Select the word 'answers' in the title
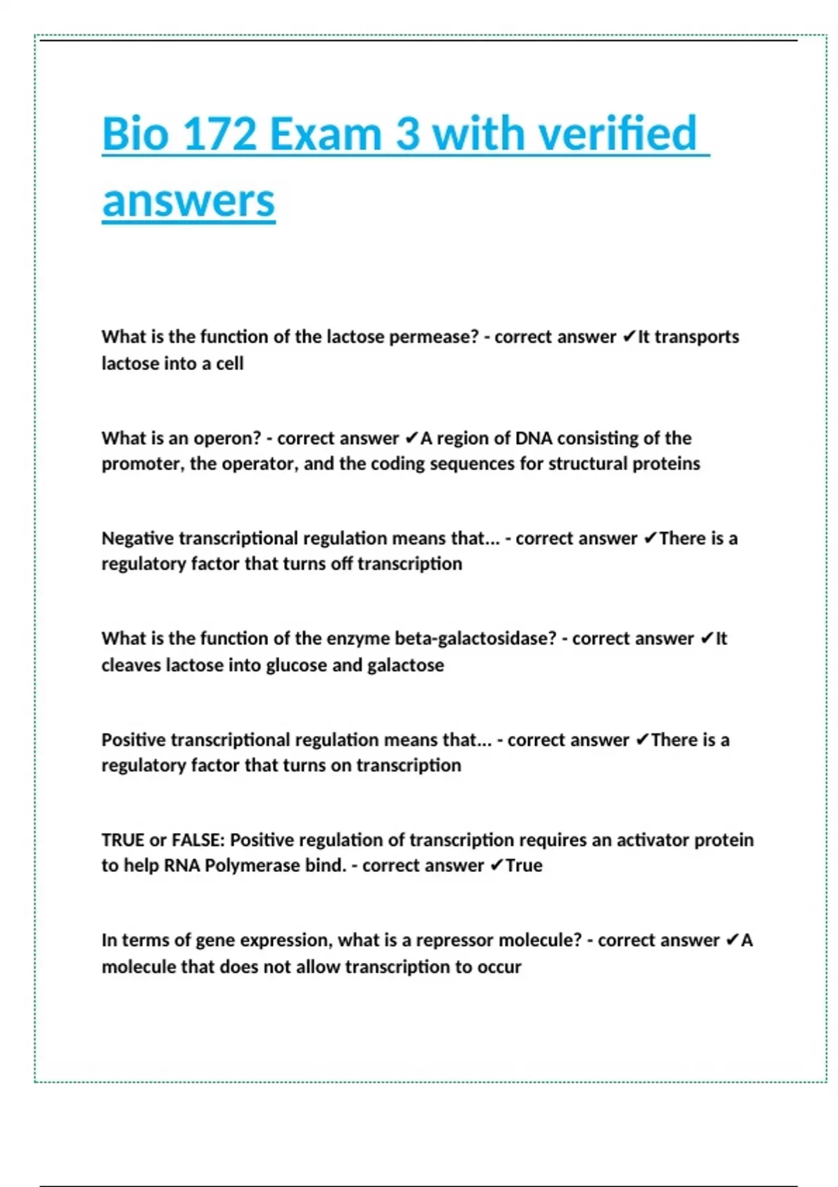pos(189,201)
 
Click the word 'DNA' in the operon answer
pos(534,438)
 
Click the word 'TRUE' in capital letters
pos(123,840)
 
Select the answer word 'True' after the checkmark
pos(524,866)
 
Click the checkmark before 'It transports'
pos(628,337)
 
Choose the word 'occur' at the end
pos(499,967)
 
